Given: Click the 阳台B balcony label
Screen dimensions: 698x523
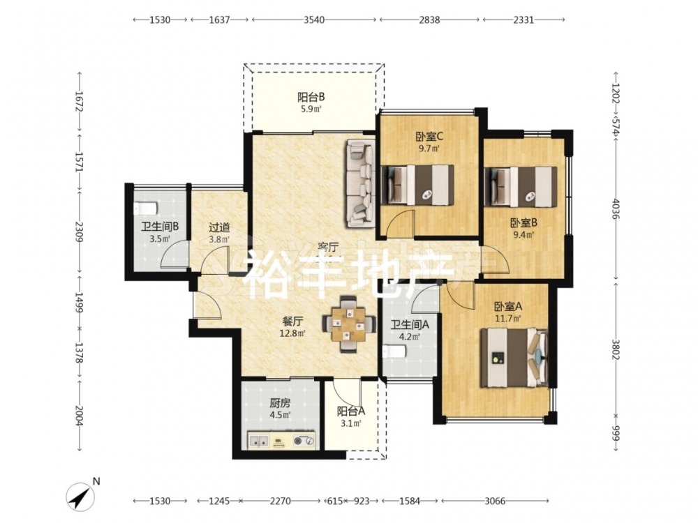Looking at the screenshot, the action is click(311, 96).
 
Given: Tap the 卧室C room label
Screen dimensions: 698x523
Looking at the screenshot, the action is click(429, 136).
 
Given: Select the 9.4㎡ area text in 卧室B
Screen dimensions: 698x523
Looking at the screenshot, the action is click(523, 234).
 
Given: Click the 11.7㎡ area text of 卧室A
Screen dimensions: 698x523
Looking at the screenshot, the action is click(508, 318).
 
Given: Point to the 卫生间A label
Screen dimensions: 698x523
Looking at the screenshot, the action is click(410, 325).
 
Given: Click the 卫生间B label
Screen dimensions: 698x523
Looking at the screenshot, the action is click(160, 227).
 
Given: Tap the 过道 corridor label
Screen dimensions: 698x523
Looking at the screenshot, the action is click(219, 228).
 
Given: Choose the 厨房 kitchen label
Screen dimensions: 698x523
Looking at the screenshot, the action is click(280, 403).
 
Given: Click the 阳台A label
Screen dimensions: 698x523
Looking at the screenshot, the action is click(351, 411).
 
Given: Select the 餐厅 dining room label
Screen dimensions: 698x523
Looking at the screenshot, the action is click(292, 321).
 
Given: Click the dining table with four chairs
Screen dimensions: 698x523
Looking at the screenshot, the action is click(348, 324).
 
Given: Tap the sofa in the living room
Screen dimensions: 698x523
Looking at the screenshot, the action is click(359, 183).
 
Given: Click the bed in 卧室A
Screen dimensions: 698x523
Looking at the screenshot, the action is click(514, 358).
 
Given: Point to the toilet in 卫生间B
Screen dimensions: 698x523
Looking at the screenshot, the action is click(145, 208).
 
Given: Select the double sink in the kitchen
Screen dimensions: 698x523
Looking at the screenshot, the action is click(259, 441).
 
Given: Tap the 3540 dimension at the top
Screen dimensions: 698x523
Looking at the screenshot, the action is click(314, 20).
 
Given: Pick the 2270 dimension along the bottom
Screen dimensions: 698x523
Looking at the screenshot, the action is click(281, 501).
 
